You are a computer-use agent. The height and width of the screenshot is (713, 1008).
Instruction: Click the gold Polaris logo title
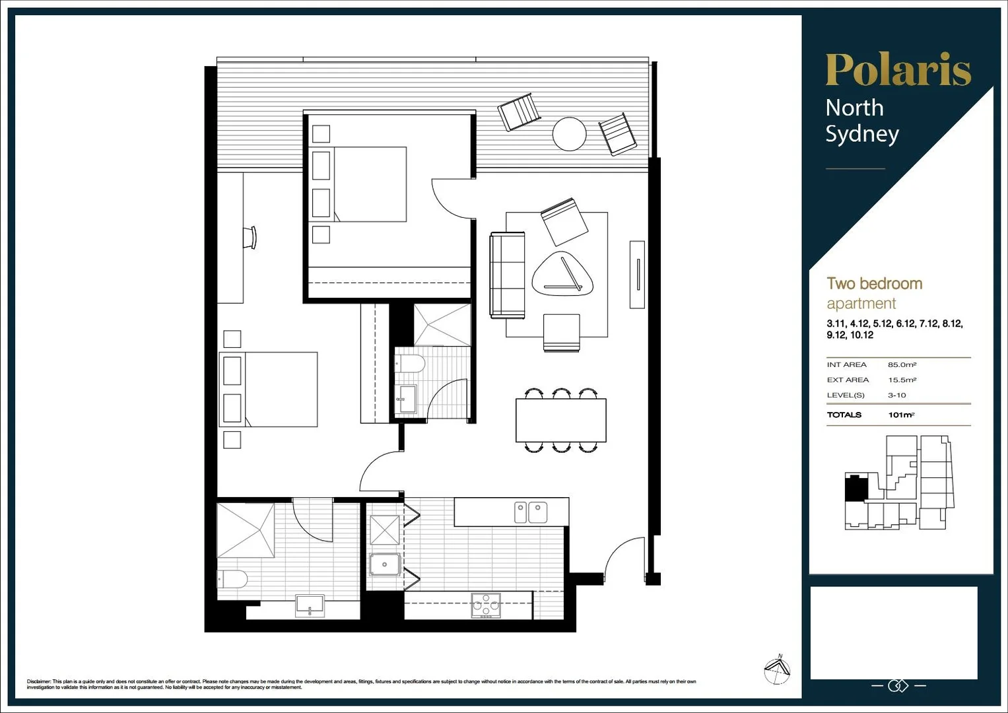click(x=898, y=69)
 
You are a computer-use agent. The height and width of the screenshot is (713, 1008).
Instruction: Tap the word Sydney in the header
click(x=861, y=134)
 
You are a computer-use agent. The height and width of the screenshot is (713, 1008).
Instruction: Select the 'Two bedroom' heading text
click(x=874, y=284)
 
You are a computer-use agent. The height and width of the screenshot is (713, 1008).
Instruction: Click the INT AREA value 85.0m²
click(x=902, y=364)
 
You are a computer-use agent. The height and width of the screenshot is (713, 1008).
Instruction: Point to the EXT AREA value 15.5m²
click(x=902, y=380)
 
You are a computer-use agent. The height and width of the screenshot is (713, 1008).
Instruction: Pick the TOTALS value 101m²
click(x=901, y=415)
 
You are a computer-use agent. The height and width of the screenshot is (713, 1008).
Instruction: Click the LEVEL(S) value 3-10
click(x=896, y=395)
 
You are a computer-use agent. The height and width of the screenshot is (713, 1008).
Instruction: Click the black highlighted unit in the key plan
click(x=856, y=488)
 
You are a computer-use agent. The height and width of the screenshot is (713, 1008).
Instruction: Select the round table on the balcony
click(x=569, y=134)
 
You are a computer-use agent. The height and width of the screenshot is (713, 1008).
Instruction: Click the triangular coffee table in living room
click(x=562, y=274)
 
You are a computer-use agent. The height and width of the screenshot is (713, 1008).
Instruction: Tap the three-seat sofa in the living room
click(x=507, y=275)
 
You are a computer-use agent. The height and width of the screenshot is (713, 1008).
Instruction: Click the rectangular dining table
click(x=560, y=421)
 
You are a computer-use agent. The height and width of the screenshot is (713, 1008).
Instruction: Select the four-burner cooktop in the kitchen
click(x=486, y=605)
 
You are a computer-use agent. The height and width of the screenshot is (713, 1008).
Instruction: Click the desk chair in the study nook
click(x=250, y=238)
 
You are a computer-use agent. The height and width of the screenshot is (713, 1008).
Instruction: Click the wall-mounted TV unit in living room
click(x=637, y=275)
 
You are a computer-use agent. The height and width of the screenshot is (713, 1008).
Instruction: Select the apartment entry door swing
click(x=624, y=559)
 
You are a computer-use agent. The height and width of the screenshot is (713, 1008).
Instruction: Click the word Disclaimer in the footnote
click(x=38, y=681)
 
